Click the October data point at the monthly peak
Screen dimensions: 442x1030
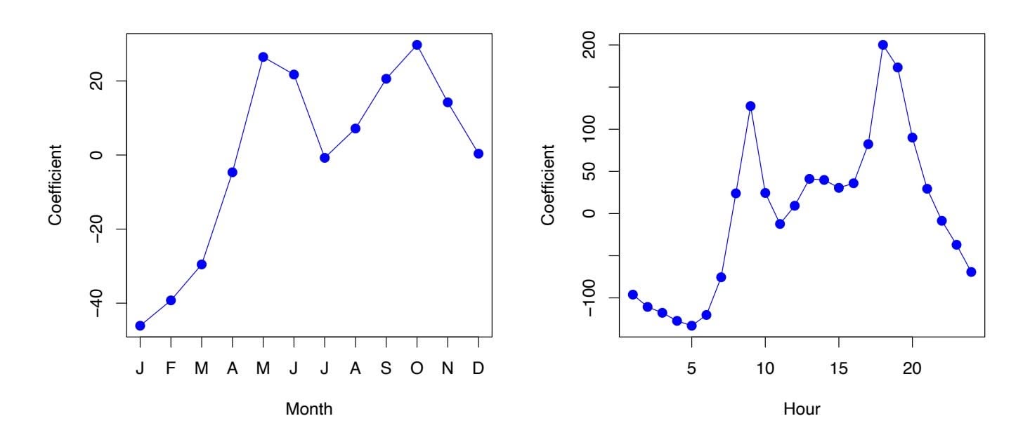tap(417, 45)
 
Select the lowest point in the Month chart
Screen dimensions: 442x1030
tap(140, 326)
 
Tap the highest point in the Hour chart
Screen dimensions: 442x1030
tap(883, 45)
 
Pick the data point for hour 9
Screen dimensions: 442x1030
tap(750, 106)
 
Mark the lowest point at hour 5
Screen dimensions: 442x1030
tap(691, 326)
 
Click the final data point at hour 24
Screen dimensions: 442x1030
tap(971, 272)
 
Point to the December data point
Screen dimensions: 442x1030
tap(478, 154)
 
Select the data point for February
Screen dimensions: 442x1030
tap(171, 300)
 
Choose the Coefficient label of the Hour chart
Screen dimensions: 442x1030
tap(549, 185)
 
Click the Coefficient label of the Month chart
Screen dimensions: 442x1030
tap(56, 185)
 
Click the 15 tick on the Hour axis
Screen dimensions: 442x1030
tap(838, 367)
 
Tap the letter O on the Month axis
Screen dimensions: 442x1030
tap(417, 367)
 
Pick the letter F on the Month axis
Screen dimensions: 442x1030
tap(171, 367)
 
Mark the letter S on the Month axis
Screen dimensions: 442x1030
tap(386, 367)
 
